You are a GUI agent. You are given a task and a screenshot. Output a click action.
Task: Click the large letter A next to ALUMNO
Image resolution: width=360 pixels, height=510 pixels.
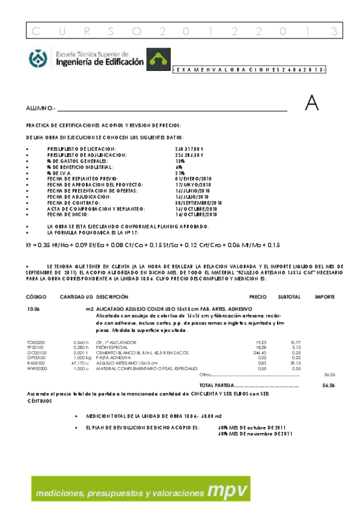(x=311, y=103)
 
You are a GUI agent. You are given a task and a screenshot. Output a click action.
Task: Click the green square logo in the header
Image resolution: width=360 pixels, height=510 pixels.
(x=159, y=58)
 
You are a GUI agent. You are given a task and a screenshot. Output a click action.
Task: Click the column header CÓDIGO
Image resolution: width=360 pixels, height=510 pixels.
(x=36, y=297)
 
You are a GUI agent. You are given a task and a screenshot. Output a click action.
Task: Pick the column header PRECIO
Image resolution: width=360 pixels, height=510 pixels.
(x=258, y=297)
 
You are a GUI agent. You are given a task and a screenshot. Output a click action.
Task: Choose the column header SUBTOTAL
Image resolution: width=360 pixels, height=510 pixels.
(x=289, y=297)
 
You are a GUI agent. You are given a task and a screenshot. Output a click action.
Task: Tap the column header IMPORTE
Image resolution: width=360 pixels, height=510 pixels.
(x=325, y=297)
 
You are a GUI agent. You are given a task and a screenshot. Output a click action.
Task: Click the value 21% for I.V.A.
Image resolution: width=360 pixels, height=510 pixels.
(x=180, y=173)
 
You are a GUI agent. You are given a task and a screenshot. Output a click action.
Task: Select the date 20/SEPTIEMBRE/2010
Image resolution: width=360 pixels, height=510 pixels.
(x=199, y=203)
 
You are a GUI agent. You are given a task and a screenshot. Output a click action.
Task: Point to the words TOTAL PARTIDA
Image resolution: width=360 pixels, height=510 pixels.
(x=215, y=384)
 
